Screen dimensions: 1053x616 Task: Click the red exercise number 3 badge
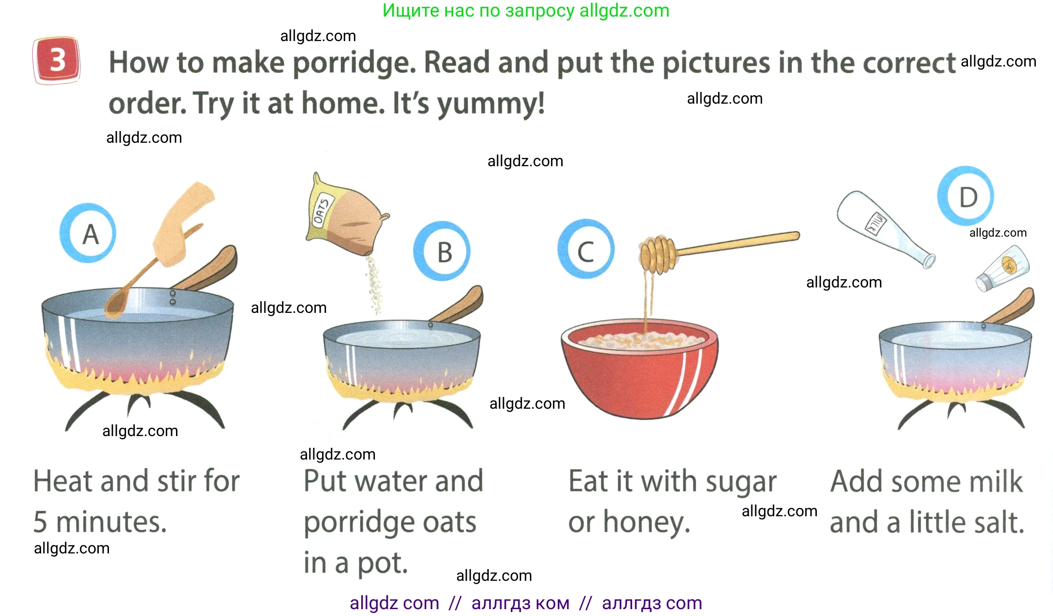(x=56, y=60)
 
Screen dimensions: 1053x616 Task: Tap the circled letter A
(x=88, y=233)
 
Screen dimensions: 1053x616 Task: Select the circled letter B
(x=442, y=251)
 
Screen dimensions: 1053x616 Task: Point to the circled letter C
(x=586, y=249)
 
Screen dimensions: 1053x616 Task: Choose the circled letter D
(x=965, y=197)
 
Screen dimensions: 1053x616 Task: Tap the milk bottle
(x=885, y=228)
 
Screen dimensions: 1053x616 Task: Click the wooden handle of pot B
(x=457, y=306)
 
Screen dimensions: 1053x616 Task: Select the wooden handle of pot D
(x=1009, y=307)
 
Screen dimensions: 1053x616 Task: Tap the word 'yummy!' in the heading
(x=491, y=104)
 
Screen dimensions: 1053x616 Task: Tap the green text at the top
(x=526, y=10)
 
